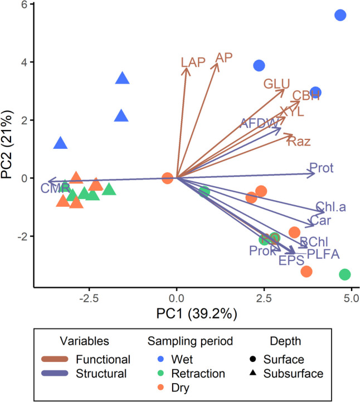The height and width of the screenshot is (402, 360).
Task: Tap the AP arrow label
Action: (x=224, y=57)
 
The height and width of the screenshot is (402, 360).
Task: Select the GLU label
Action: (x=277, y=84)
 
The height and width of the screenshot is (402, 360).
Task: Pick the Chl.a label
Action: (x=330, y=207)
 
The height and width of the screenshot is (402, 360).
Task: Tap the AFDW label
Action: (x=257, y=123)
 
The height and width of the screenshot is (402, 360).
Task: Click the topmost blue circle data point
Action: (x=340, y=15)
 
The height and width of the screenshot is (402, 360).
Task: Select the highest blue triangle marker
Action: (x=123, y=78)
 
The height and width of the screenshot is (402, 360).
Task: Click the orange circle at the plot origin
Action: (x=167, y=178)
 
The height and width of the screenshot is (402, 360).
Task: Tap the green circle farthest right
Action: (x=344, y=274)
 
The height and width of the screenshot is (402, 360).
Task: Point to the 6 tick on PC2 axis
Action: (x=27, y=4)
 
